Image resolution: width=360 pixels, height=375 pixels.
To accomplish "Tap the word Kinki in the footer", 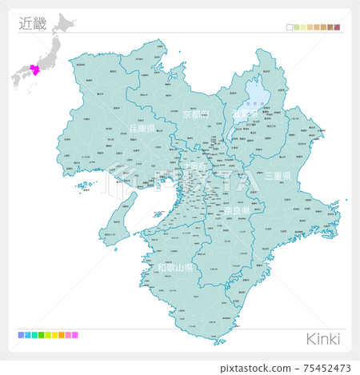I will coord(323,338).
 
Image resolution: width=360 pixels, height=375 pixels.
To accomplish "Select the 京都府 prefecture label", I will coord(195,114).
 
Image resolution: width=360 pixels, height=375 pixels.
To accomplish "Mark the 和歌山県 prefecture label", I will coord(175,267).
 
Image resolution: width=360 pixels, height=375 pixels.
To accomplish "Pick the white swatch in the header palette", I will coord(290,27).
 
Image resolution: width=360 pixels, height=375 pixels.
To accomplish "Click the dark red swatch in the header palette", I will coord(337,27).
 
